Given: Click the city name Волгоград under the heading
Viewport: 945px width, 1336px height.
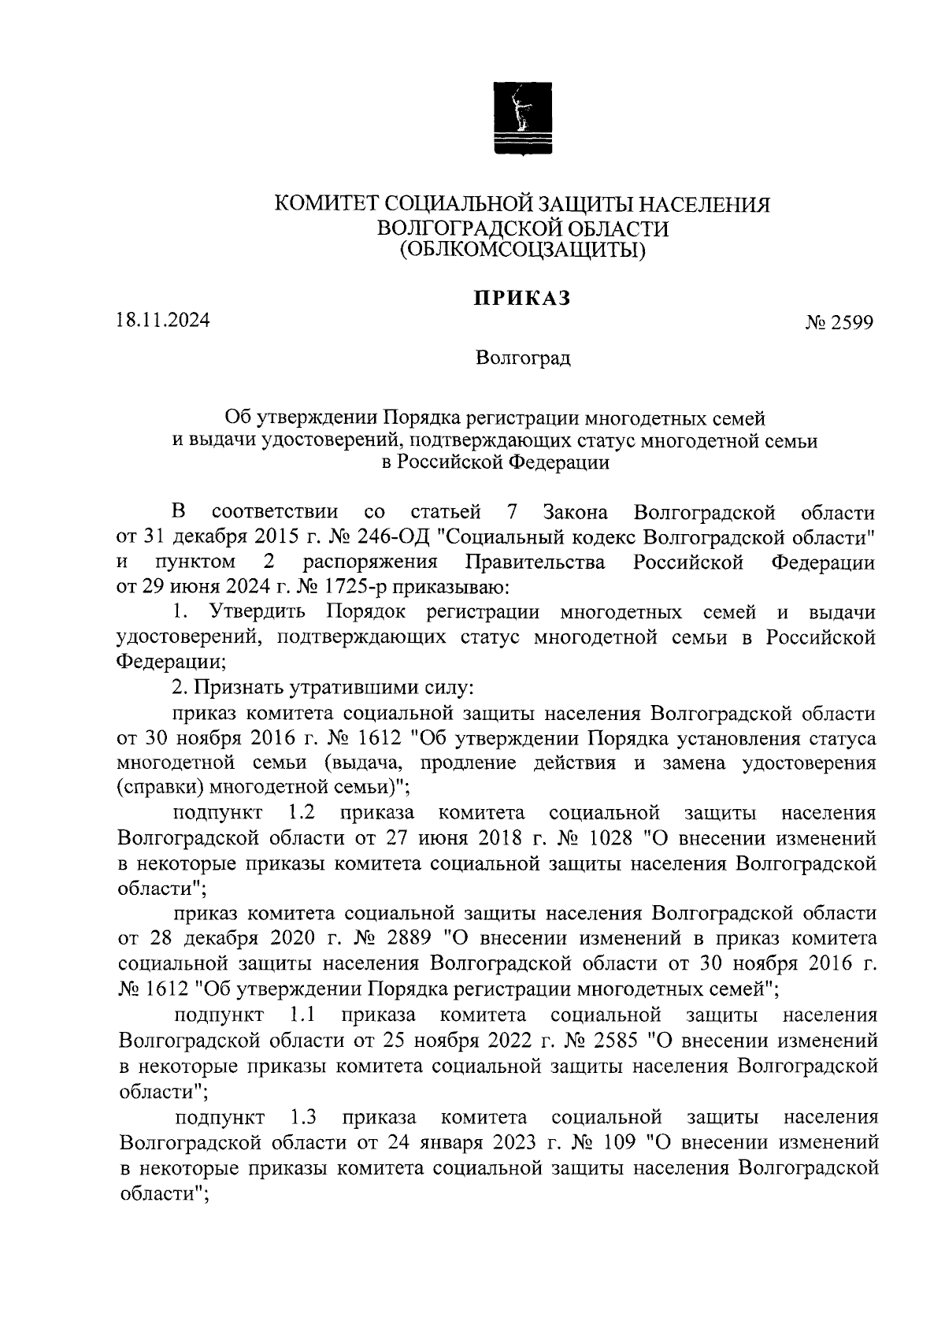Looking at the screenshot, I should pyautogui.click(x=523, y=359).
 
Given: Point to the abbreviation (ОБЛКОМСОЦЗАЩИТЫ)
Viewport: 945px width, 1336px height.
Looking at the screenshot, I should pyautogui.click(x=522, y=250).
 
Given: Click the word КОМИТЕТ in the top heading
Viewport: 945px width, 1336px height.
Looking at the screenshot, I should pyautogui.click(x=321, y=205).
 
